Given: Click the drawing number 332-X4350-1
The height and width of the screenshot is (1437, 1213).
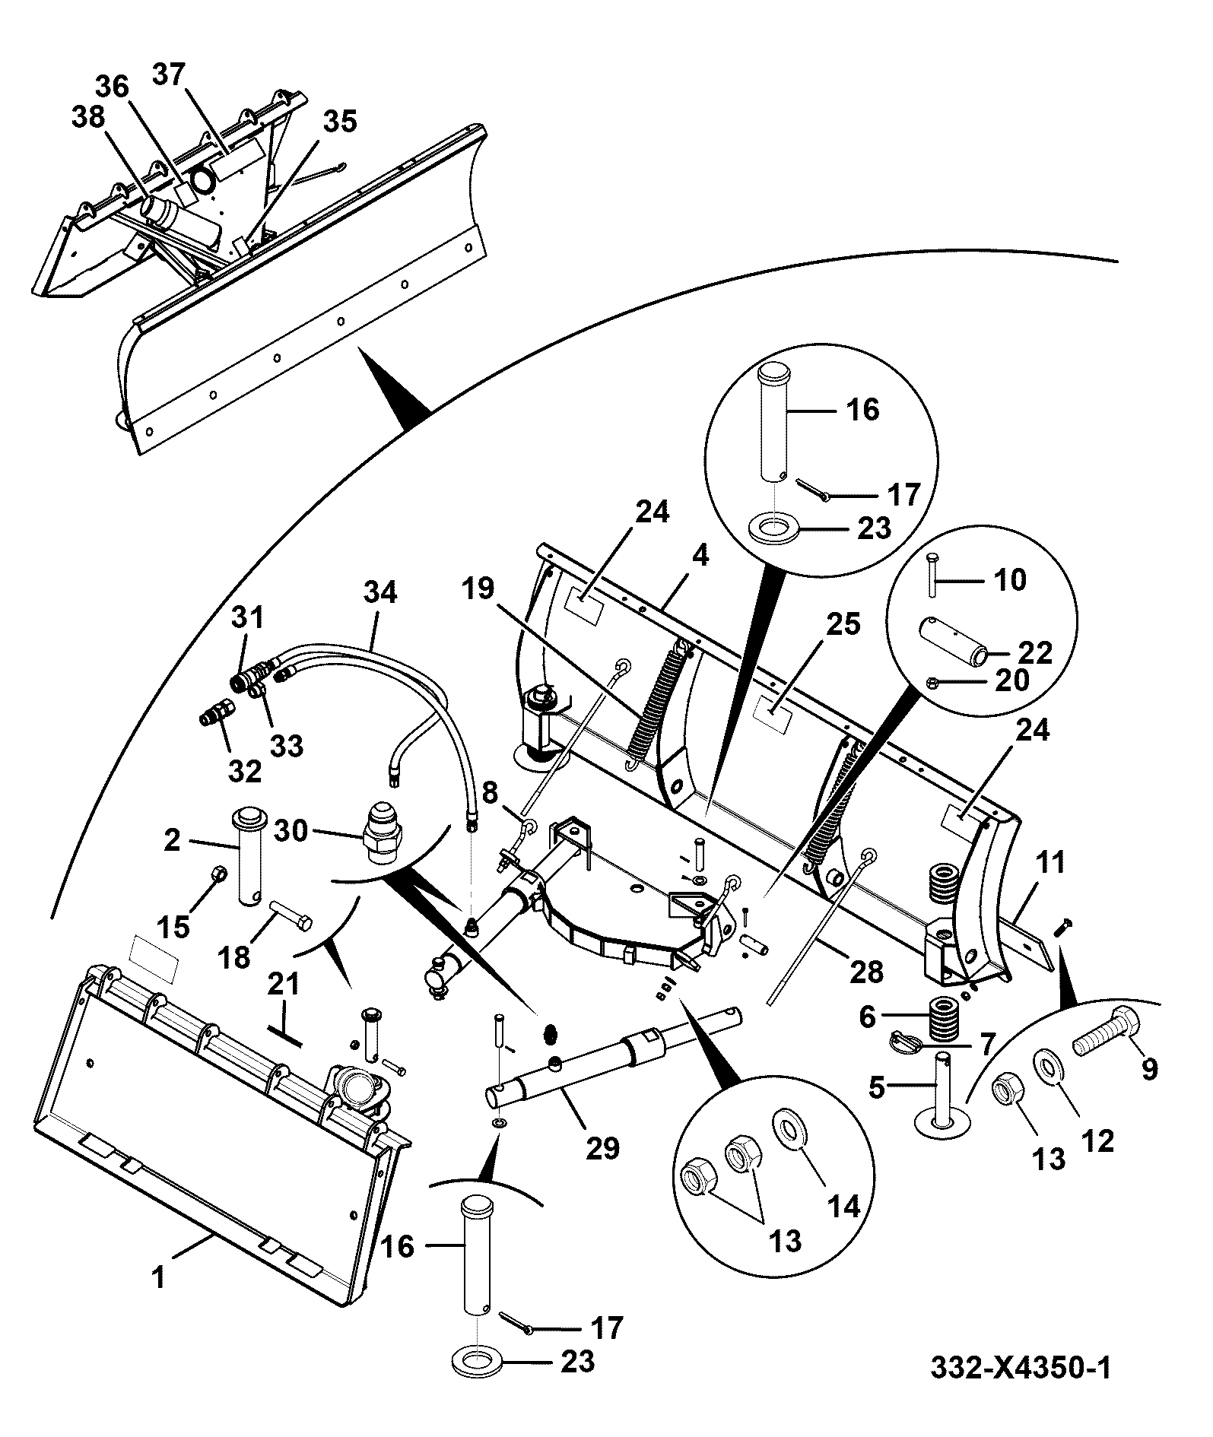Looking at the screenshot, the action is (x=1021, y=1368).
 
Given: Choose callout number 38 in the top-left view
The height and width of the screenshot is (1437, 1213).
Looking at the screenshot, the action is (x=90, y=117).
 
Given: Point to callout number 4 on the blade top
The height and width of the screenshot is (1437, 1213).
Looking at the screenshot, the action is (x=700, y=556).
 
